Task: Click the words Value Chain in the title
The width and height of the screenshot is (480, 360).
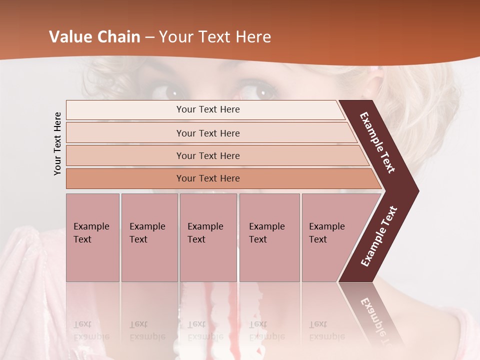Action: (x=94, y=37)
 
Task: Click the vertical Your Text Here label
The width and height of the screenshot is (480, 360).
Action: (x=57, y=143)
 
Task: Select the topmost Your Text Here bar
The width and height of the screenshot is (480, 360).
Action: (x=208, y=109)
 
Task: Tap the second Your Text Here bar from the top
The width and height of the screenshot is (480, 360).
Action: (x=208, y=133)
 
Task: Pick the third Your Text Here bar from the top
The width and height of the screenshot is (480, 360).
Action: (x=208, y=155)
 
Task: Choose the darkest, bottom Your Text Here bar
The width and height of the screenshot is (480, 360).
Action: (x=208, y=178)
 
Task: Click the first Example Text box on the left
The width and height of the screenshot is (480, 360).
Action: (x=92, y=237)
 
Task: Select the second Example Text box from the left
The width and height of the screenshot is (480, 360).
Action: (x=149, y=237)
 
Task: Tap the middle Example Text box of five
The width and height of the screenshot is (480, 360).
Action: (x=208, y=237)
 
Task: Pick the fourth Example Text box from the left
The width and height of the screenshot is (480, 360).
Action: (x=269, y=237)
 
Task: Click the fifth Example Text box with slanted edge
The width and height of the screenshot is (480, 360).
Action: (x=330, y=237)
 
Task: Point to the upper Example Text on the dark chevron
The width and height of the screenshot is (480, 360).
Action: (x=377, y=142)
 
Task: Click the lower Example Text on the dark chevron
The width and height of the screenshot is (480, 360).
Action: (x=378, y=236)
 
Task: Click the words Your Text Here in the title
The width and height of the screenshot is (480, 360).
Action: (x=215, y=37)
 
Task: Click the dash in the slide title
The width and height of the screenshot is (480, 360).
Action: (x=149, y=37)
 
